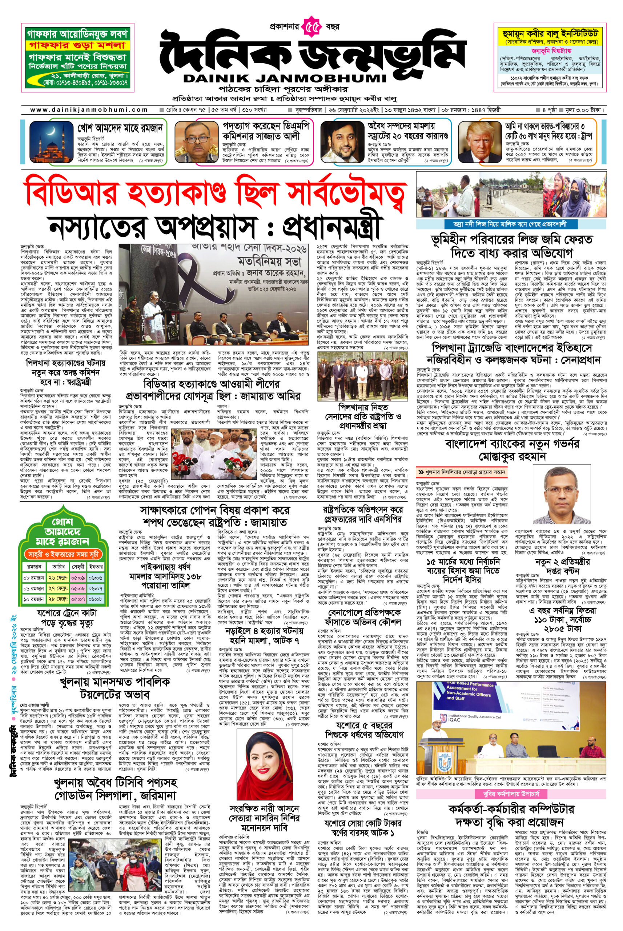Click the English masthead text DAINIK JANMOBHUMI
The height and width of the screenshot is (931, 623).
(285, 78)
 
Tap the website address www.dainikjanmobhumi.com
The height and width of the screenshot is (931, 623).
(89, 110)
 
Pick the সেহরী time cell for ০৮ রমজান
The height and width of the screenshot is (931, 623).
(78, 577)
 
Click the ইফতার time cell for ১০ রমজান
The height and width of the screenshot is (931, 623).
(95, 599)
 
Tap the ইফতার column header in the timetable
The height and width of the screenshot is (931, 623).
(95, 567)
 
